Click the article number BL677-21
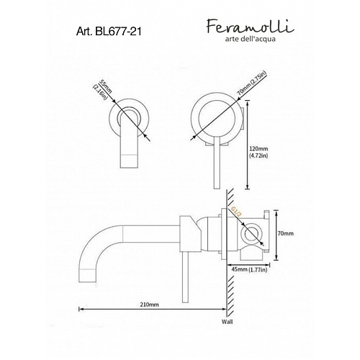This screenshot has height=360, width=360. tap(109, 31)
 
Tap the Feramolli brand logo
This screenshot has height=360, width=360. tap(250, 26)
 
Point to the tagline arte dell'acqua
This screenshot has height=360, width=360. tap(250, 39)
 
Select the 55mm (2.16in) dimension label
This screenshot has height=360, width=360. tap(102, 89)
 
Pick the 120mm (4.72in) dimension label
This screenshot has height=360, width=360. tap(258, 152)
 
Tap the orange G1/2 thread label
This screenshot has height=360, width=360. tap(235, 212)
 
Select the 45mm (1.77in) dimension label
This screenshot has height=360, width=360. tap(249, 269)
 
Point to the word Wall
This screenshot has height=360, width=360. tap(227, 322)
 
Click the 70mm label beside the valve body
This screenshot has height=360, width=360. tap(285, 233)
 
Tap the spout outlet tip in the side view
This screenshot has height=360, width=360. tap(87, 276)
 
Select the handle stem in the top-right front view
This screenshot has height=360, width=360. tap(217, 163)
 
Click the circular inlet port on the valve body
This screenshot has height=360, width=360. tap(251, 234)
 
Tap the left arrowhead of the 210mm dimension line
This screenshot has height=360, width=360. tap(81, 309)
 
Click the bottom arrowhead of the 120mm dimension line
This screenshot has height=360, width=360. tap(248, 187)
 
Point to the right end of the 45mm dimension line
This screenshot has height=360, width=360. tap(270, 265)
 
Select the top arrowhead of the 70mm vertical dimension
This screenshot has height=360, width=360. tap(276, 212)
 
